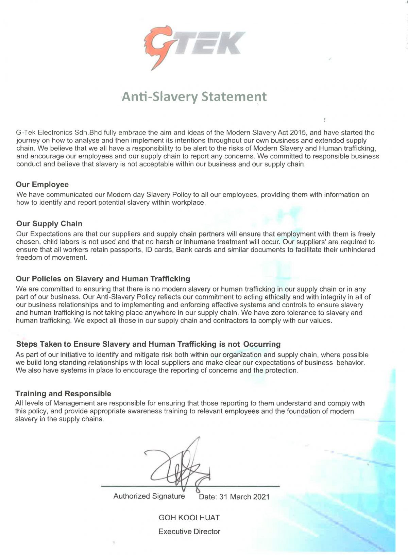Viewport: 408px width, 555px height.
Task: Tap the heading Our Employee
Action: [x=42, y=185]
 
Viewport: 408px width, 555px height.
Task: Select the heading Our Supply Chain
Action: [x=49, y=224]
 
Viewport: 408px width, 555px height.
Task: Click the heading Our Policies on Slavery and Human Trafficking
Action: [x=103, y=279]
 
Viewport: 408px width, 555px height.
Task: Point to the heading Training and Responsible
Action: [x=63, y=394]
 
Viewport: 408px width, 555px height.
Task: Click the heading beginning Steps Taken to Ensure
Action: [x=148, y=344]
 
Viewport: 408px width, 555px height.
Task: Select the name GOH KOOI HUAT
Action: [x=189, y=518]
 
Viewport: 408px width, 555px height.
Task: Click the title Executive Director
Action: [x=189, y=532]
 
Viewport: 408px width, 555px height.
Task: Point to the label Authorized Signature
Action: [x=149, y=496]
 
